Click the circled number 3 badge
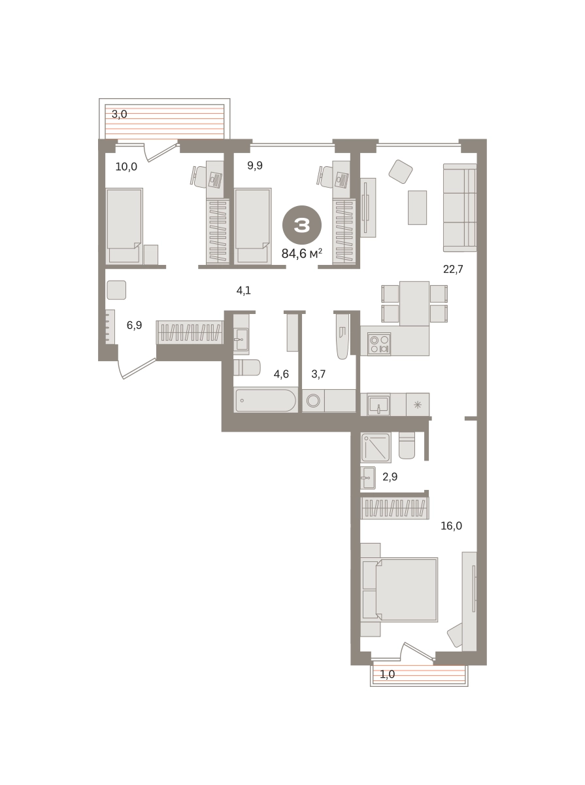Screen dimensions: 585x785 point(302,225)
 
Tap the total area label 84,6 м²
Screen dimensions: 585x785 point(302,253)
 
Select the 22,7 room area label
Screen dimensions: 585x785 point(453,269)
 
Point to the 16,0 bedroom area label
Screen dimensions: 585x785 point(452,526)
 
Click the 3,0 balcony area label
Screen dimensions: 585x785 point(120,114)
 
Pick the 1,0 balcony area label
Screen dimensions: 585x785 point(387,674)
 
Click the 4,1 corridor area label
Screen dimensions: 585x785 point(244,290)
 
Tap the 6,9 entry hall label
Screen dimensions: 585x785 point(135,325)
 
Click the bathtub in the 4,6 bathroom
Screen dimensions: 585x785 point(265,400)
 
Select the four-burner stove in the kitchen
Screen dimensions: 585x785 point(379,344)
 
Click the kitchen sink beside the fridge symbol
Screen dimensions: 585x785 point(379,404)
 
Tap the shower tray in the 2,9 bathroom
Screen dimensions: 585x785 point(376,447)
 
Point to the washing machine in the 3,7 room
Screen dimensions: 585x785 point(313,400)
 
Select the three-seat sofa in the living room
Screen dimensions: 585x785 point(460,207)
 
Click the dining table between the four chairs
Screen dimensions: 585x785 point(414,304)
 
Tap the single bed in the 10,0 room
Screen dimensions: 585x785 point(124,226)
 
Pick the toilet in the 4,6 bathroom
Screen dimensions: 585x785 point(247,367)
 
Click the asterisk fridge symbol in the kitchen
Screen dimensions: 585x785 point(418,404)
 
